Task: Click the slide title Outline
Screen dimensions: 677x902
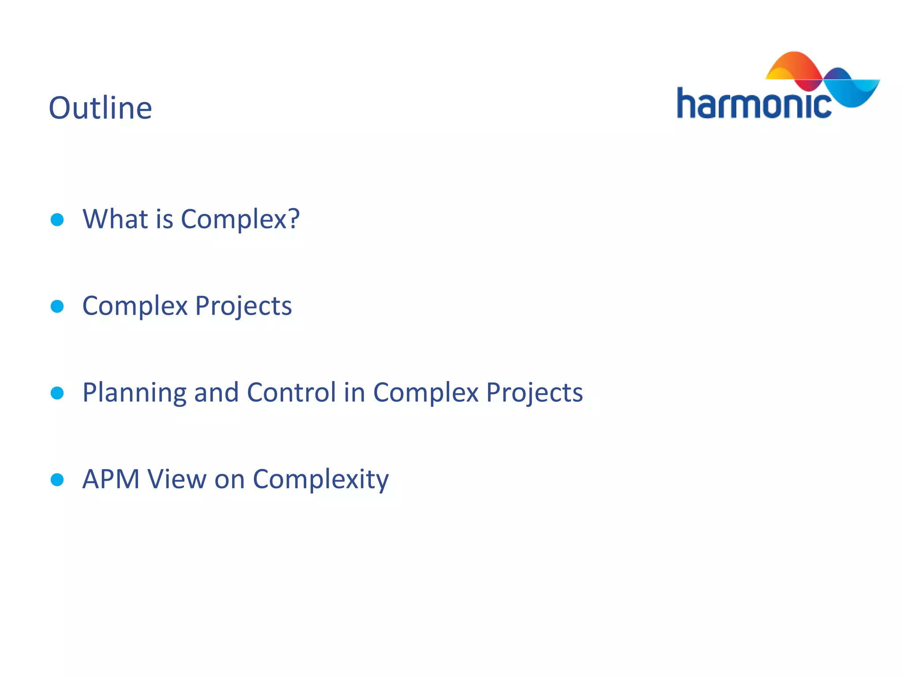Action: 100,108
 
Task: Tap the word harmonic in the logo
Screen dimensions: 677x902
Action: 753,104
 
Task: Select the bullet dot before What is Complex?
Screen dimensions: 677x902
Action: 57,219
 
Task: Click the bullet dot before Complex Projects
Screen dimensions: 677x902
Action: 57,306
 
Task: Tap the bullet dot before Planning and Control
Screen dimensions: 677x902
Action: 57,393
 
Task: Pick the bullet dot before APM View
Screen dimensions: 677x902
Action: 57,480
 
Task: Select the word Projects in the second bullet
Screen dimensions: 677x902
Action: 243,306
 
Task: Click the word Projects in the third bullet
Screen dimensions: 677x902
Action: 534,392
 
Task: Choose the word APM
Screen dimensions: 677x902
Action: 111,479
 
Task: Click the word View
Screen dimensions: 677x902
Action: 177,479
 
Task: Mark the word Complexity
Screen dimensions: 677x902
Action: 321,480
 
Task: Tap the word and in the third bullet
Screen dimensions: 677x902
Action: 216,392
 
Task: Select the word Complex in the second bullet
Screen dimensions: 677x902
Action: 135,306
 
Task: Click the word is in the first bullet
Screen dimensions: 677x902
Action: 164,219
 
